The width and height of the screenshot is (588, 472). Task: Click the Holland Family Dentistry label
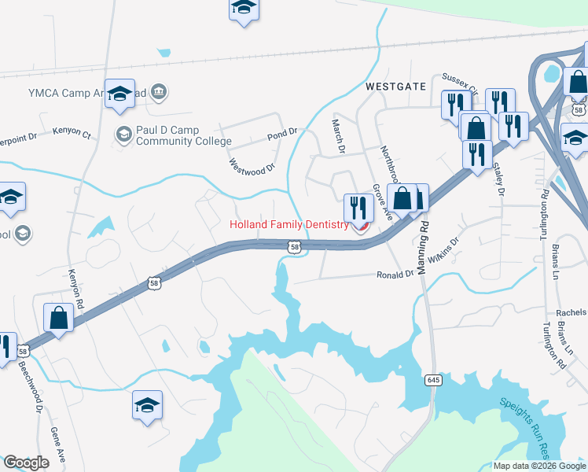point(288,224)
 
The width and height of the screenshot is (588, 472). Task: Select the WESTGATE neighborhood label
point(395,86)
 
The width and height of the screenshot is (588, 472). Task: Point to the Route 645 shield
point(433,380)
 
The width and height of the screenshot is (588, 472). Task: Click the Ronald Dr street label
point(395,275)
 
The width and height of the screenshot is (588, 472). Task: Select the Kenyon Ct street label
point(72,134)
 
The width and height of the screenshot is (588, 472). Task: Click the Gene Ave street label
point(57,448)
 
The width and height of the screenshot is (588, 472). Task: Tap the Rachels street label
point(571,312)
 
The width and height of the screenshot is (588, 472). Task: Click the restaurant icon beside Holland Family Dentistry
point(358,208)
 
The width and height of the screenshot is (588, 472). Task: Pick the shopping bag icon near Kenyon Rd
point(59,319)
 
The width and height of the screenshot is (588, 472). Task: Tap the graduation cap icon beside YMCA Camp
point(119,94)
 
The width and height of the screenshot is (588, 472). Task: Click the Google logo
point(26,463)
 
